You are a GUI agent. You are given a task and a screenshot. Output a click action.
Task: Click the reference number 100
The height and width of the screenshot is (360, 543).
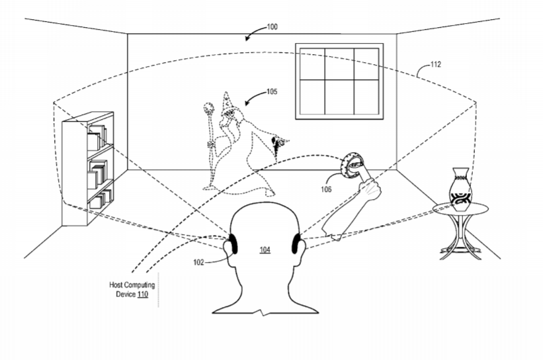coord(272,26)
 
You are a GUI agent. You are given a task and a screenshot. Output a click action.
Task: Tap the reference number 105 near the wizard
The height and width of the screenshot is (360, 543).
coord(272,91)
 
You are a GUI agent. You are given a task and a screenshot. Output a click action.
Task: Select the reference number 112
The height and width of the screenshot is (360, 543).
coord(436,64)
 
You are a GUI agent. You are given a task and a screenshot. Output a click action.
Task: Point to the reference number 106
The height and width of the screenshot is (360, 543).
coord(326,189)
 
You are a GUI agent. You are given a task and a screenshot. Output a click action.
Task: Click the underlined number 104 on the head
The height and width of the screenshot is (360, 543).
coord(265,249)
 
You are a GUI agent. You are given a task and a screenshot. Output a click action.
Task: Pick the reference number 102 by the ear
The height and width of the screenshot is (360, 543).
coord(198,262)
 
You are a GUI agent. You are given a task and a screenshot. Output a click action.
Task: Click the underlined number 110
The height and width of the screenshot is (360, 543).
coord(143,294)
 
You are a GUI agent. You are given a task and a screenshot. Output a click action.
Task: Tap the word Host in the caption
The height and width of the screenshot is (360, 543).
coord(115,285)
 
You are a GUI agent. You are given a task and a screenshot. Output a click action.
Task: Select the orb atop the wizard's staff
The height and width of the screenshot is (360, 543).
coord(209,108)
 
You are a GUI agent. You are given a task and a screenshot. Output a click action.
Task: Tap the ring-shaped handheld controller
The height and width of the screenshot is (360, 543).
coord(351,165)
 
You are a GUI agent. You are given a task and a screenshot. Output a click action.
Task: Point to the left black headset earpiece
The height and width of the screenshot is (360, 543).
coord(233,244)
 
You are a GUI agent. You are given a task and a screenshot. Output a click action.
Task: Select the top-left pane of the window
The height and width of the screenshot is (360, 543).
coord(312,64)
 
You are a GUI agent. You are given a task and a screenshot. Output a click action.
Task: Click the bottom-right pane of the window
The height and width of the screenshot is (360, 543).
coord(366,97)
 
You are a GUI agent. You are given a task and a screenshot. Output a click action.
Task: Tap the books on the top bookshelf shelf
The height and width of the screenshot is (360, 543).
coord(97,137)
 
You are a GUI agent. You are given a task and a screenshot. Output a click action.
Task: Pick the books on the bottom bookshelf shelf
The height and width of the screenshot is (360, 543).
coord(101,199)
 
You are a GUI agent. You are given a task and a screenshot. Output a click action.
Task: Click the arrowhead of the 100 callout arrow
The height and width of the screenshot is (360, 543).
coord(247,38)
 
